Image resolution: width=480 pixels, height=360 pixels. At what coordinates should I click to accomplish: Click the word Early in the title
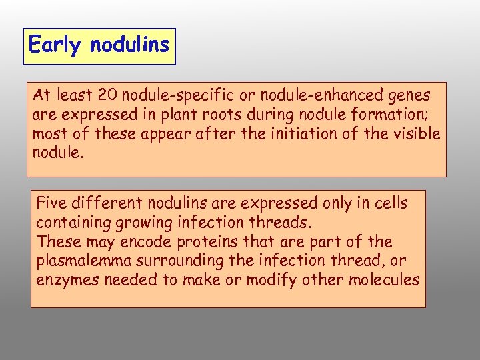point(56,45)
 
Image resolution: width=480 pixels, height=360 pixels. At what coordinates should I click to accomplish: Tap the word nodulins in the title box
point(129,45)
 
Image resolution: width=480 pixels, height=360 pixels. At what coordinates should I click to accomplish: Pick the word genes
point(406,96)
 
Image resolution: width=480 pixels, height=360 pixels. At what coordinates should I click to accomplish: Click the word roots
point(227,115)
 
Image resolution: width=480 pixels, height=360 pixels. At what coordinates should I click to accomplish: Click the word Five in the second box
point(51,202)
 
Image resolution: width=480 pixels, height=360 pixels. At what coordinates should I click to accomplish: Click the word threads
point(274,221)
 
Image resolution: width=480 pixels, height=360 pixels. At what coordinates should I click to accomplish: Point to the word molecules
point(384,279)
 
